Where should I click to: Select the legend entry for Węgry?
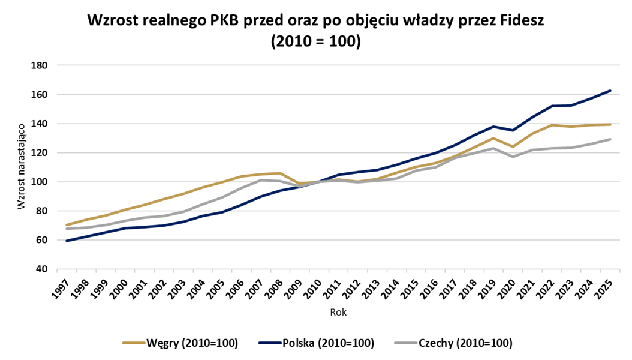(x=180, y=343)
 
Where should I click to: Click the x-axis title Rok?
(x=338, y=313)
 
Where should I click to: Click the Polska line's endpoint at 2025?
(x=610, y=91)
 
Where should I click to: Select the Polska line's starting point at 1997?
(x=67, y=241)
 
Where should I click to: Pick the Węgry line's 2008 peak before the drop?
(x=281, y=173)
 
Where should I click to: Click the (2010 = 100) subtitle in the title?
(x=315, y=43)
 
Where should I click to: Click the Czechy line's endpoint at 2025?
(x=610, y=139)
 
